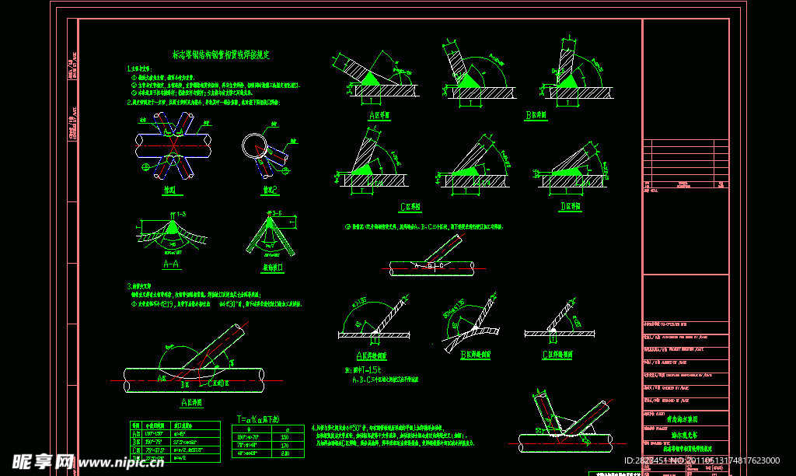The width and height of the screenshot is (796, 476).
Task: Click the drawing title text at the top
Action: [221, 54]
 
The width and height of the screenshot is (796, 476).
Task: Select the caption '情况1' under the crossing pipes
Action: [169, 189]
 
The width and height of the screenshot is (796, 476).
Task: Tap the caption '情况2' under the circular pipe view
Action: [269, 189]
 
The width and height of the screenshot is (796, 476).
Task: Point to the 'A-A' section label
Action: [172, 264]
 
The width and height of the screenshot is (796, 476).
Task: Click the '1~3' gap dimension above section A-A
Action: [180, 213]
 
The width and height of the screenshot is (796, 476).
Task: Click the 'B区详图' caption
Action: [536, 115]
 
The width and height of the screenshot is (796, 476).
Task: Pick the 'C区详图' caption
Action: [410, 207]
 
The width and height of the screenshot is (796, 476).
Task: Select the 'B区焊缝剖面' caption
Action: [474, 355]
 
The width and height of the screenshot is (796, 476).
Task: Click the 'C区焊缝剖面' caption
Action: [557, 355]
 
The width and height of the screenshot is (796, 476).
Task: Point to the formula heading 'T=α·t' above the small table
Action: [259, 418]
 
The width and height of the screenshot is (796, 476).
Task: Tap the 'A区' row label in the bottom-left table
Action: [138, 434]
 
